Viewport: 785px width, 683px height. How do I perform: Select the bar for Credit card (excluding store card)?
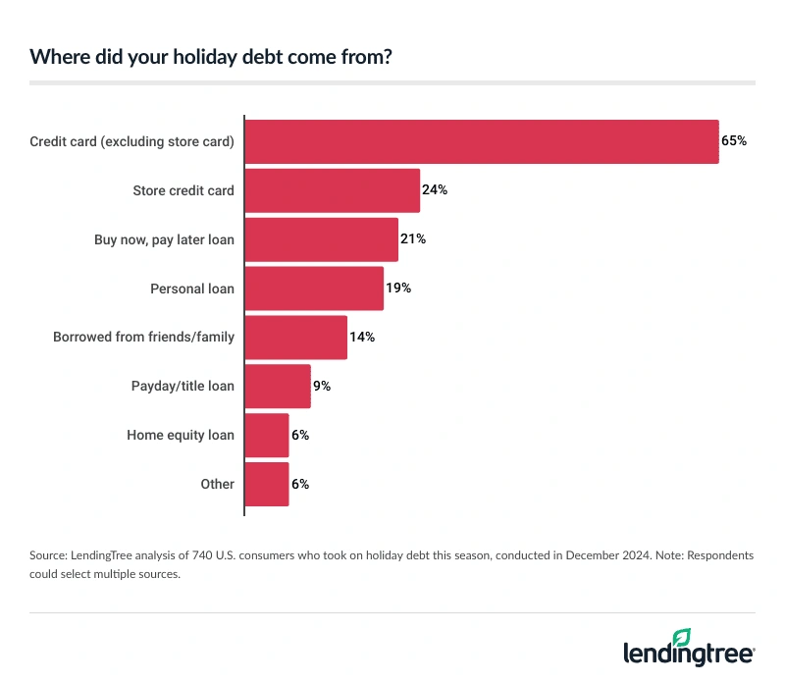pyautogui.click(x=481, y=141)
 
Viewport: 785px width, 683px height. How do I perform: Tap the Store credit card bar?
pyautogui.click(x=332, y=190)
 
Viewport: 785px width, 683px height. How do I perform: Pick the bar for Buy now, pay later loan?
pyautogui.click(x=321, y=239)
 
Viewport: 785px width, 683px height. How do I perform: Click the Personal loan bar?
pyautogui.click(x=313, y=289)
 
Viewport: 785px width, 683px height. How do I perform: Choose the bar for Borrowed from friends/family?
pyautogui.click(x=295, y=338)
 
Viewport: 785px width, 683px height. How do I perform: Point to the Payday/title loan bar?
pyautogui.click(x=277, y=387)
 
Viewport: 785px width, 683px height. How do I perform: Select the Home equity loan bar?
pyautogui.click(x=266, y=435)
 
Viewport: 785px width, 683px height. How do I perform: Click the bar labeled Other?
pyautogui.click(x=266, y=484)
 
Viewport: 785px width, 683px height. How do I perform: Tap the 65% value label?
pyautogui.click(x=734, y=141)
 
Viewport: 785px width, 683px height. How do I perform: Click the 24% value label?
pyautogui.click(x=435, y=190)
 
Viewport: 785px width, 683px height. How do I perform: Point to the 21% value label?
pyautogui.click(x=413, y=239)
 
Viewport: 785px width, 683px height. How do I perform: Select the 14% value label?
pyautogui.click(x=362, y=338)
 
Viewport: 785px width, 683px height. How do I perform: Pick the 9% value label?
pyautogui.click(x=322, y=387)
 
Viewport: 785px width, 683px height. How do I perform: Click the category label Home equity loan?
pyautogui.click(x=181, y=435)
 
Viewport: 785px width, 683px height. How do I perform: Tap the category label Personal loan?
pyautogui.click(x=192, y=289)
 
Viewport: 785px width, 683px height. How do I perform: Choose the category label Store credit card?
pyautogui.click(x=183, y=190)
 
